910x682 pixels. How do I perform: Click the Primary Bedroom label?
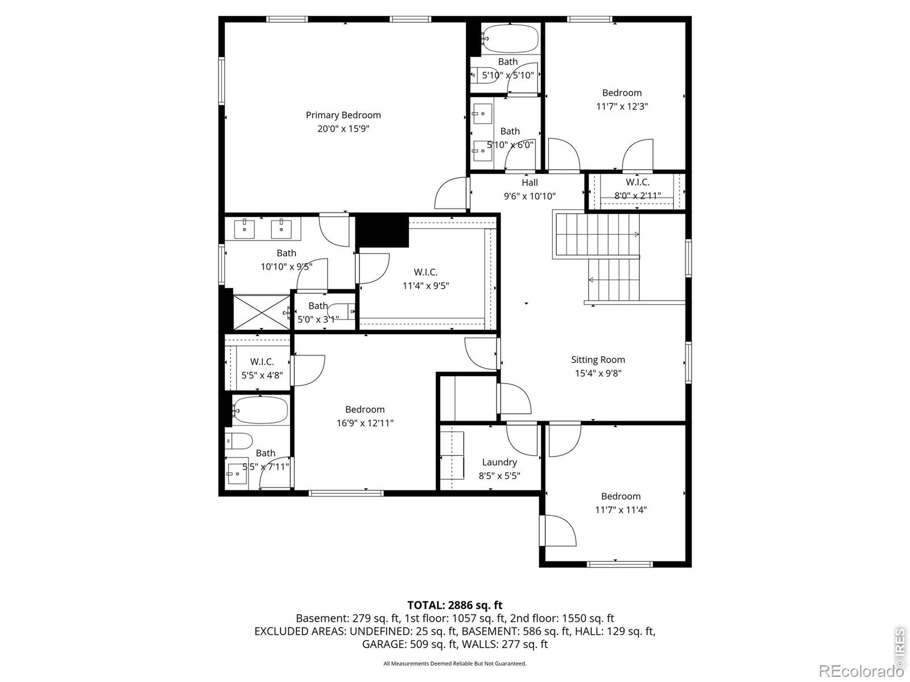[x=344, y=115]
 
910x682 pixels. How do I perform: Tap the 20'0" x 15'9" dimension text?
[x=344, y=129]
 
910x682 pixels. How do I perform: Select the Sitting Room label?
[x=598, y=360]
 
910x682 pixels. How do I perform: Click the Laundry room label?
[x=499, y=462]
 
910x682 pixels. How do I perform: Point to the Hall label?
[x=530, y=182]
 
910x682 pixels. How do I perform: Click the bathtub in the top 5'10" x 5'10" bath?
[x=511, y=39]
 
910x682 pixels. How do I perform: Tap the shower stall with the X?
[x=262, y=312]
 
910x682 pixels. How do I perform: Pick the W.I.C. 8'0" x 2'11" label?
[x=638, y=189]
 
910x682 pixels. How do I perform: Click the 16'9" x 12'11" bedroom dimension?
[x=365, y=423]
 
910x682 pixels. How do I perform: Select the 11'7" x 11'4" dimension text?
[x=621, y=510]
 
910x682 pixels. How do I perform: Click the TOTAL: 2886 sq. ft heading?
[x=455, y=605]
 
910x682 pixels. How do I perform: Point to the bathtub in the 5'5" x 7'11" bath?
[x=260, y=410]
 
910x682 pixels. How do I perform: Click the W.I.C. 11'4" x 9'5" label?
[x=426, y=278]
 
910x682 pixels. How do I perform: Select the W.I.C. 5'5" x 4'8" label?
[x=262, y=368]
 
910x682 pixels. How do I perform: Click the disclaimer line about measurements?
[x=455, y=664]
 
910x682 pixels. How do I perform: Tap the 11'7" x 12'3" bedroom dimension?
[x=622, y=106]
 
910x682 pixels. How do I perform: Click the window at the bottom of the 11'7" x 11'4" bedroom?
[x=620, y=564]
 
